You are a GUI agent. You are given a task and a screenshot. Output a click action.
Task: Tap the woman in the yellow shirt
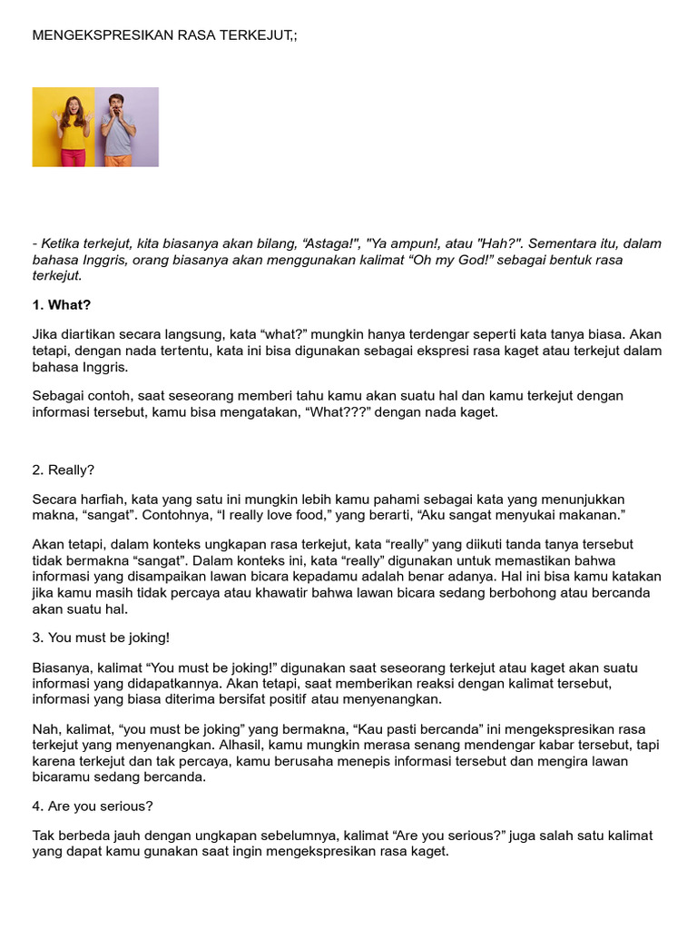[x=74, y=128]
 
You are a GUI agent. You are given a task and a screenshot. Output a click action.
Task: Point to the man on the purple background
[x=118, y=128]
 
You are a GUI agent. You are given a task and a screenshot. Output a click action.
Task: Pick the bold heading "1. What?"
[x=62, y=304]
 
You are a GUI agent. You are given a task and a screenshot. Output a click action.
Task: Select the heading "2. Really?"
[x=64, y=470]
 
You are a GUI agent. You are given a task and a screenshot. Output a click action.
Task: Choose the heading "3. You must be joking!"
[x=101, y=638]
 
